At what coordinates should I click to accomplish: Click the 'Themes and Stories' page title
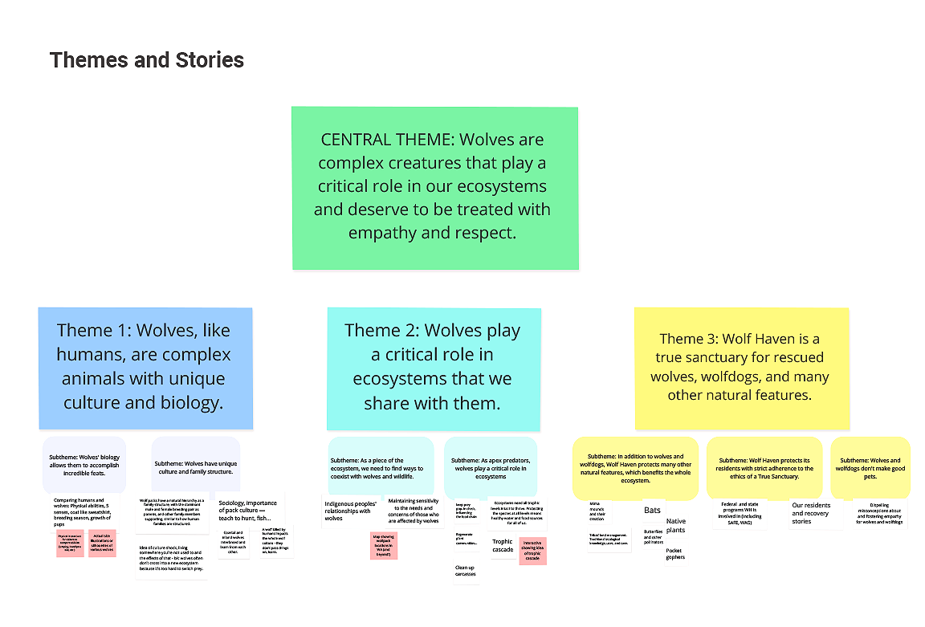(x=147, y=60)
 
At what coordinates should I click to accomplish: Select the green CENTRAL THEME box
(x=434, y=186)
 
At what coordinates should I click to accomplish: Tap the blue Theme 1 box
(x=145, y=367)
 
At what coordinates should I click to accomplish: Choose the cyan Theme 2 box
(x=433, y=367)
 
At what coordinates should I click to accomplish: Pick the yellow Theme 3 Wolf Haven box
(x=741, y=367)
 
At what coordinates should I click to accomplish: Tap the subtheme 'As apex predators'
(x=490, y=468)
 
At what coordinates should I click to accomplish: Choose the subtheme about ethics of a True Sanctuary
(x=764, y=468)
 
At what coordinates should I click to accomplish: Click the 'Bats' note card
(x=652, y=510)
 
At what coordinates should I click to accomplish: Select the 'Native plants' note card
(x=675, y=526)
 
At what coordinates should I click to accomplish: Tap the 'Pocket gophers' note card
(x=674, y=553)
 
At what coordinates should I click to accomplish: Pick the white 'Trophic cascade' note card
(x=503, y=546)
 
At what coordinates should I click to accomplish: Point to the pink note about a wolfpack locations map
(x=385, y=544)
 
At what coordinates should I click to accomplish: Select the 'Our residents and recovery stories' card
(x=809, y=514)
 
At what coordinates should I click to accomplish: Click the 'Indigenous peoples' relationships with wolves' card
(x=349, y=511)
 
